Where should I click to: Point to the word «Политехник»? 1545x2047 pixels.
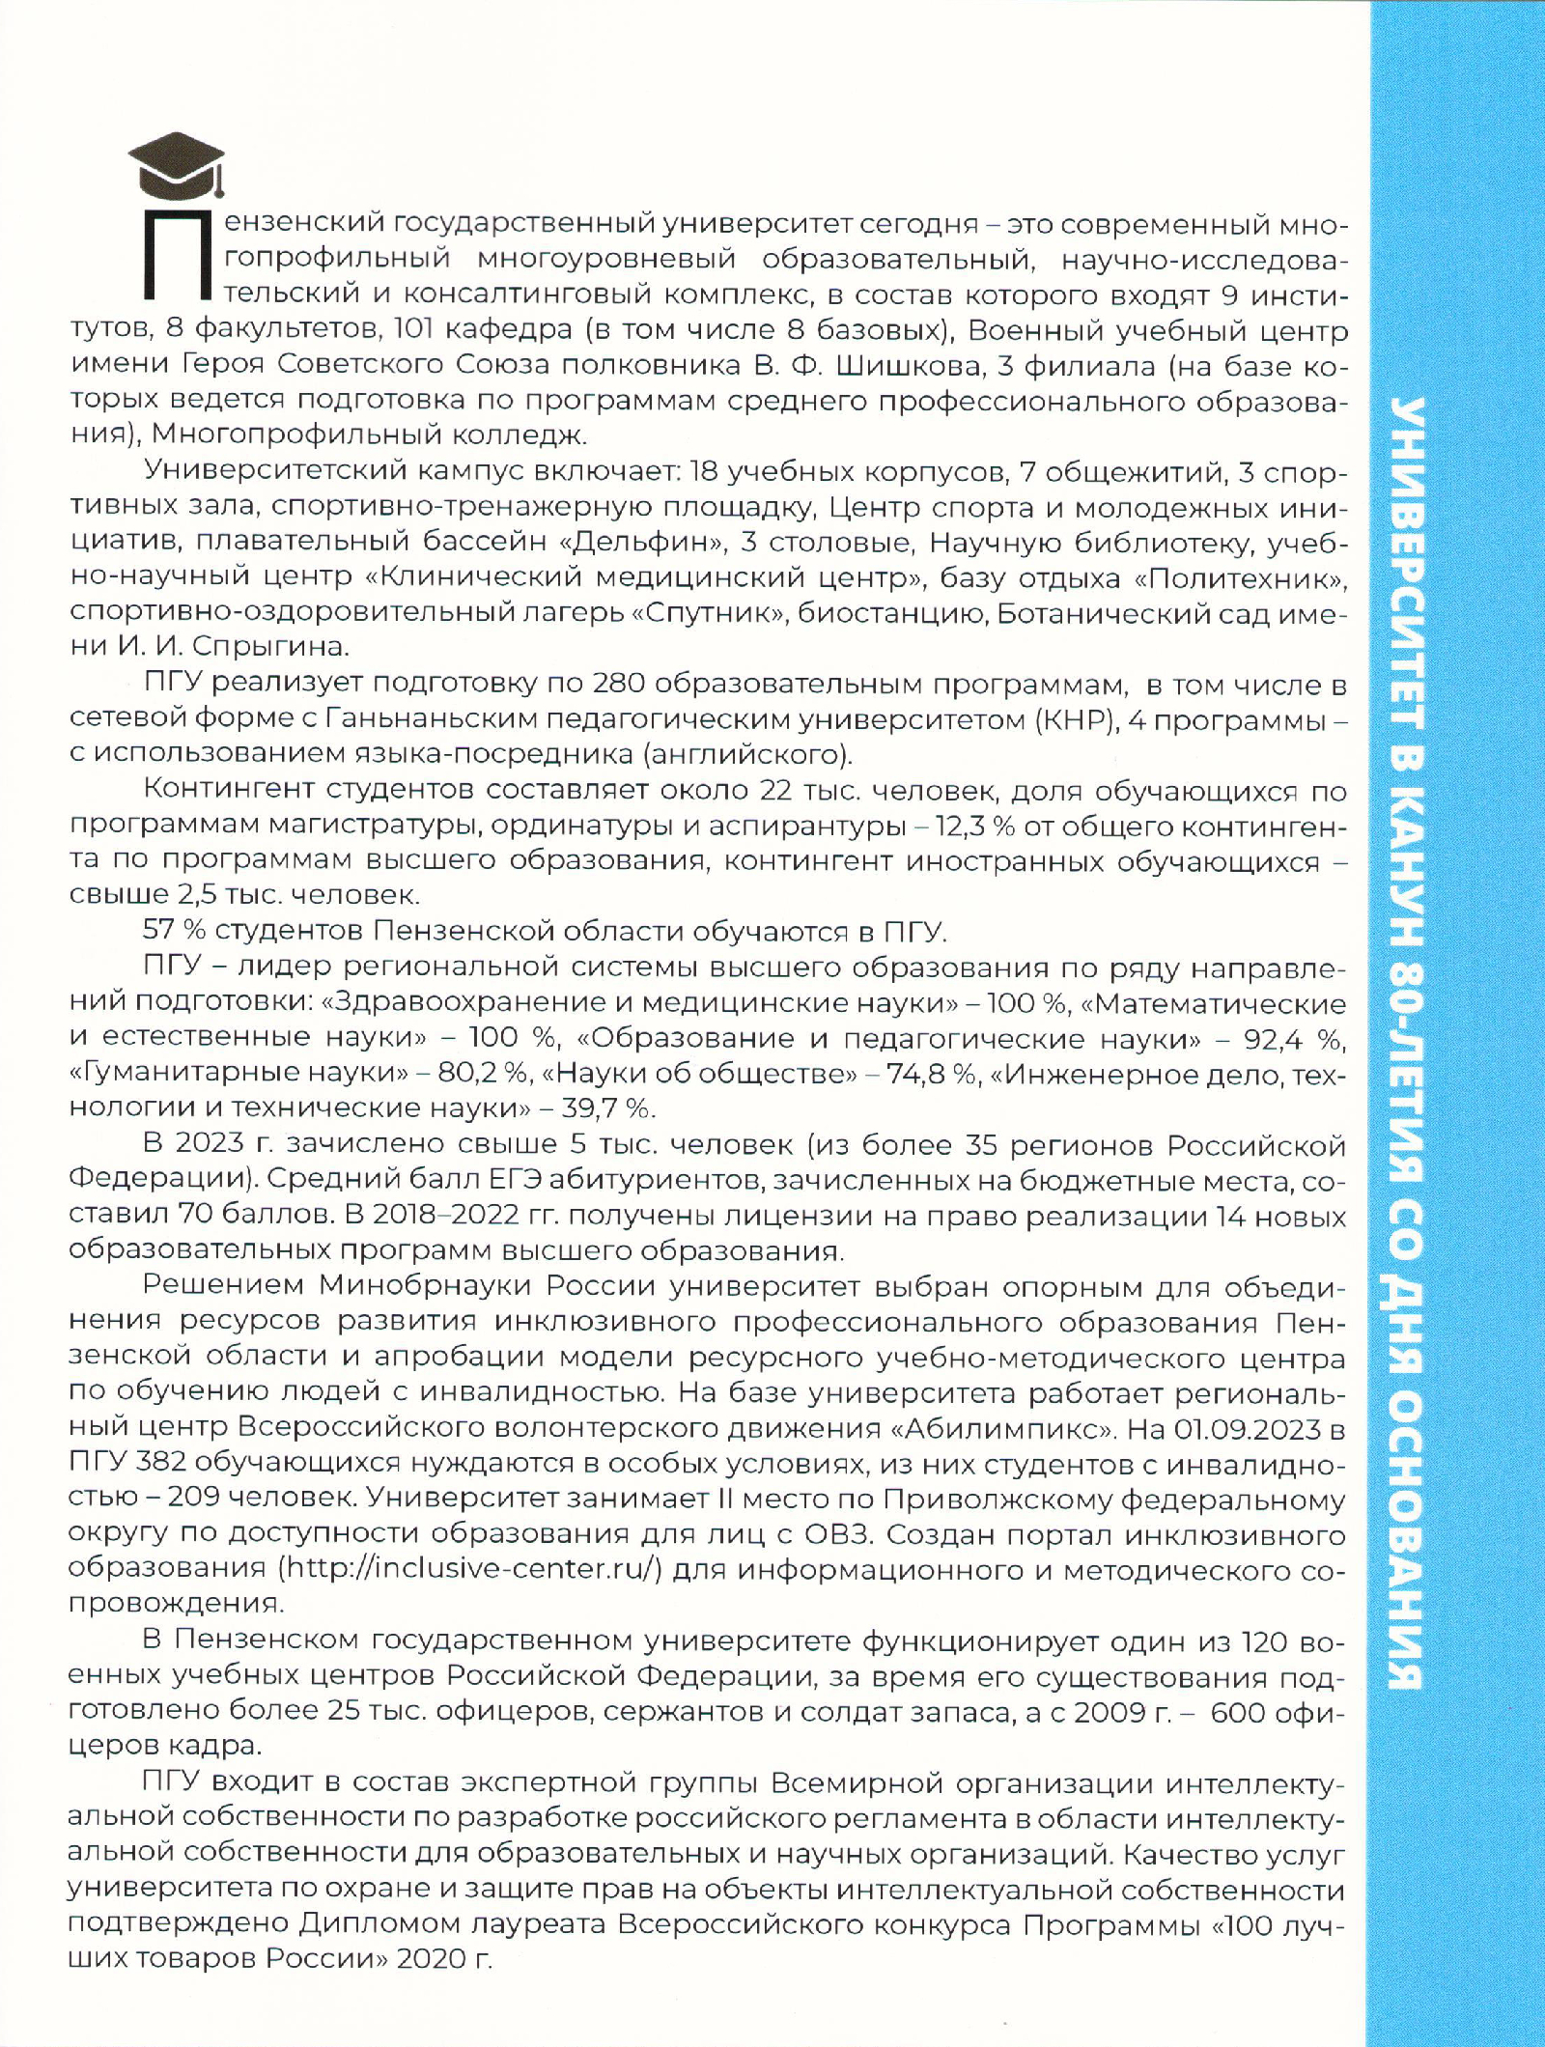tap(1231, 578)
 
